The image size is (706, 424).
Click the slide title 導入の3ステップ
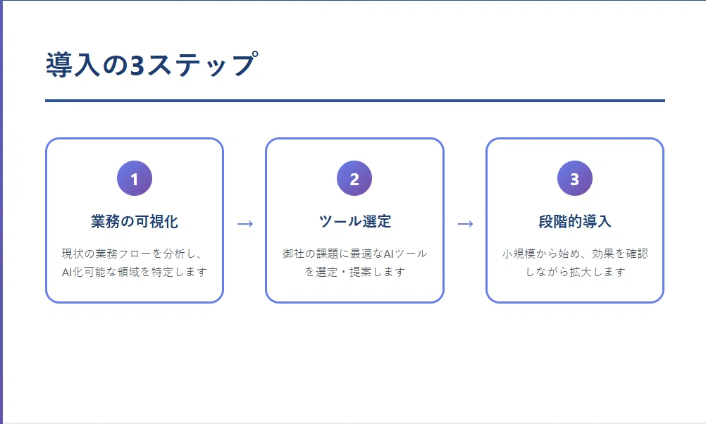coord(152,64)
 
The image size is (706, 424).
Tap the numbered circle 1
coord(135,178)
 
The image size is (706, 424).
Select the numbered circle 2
coord(354,178)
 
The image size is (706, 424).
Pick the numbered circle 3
coord(575,178)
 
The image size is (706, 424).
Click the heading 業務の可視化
coord(135,221)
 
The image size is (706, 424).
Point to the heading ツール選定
coord(355,221)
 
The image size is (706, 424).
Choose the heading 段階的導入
coord(575,221)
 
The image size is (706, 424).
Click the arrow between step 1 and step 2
coord(245,224)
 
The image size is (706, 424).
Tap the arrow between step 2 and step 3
coord(465,224)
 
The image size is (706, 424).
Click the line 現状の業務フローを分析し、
coord(132,254)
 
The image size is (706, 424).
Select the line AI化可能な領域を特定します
coord(135,272)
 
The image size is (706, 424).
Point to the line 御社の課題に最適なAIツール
coord(355,254)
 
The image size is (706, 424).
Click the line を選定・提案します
coord(355,272)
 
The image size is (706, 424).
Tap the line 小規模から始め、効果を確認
coord(575,254)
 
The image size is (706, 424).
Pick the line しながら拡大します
coord(575,272)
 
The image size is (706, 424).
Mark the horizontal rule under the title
coord(355,101)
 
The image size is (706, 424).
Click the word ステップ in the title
coord(202,64)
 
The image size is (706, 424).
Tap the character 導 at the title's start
coord(59,65)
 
